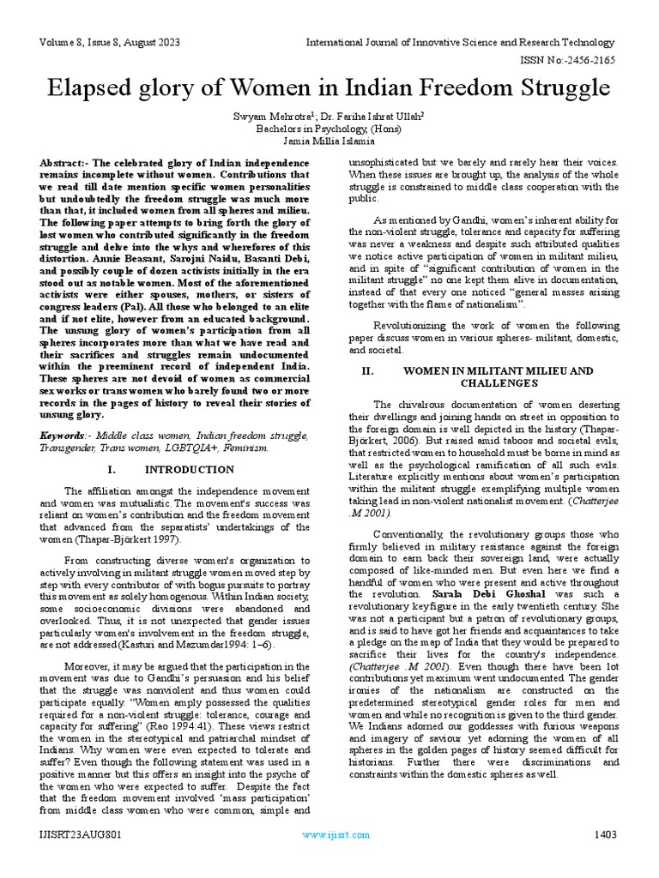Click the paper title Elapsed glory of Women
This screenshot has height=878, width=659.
click(329, 89)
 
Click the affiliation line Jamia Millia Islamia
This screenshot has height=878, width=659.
click(329, 141)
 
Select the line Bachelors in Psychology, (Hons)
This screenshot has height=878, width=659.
click(329, 129)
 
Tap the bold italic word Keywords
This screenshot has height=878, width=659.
click(63, 436)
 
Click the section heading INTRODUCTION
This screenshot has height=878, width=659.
click(189, 469)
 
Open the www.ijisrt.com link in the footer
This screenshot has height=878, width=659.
click(336, 834)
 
